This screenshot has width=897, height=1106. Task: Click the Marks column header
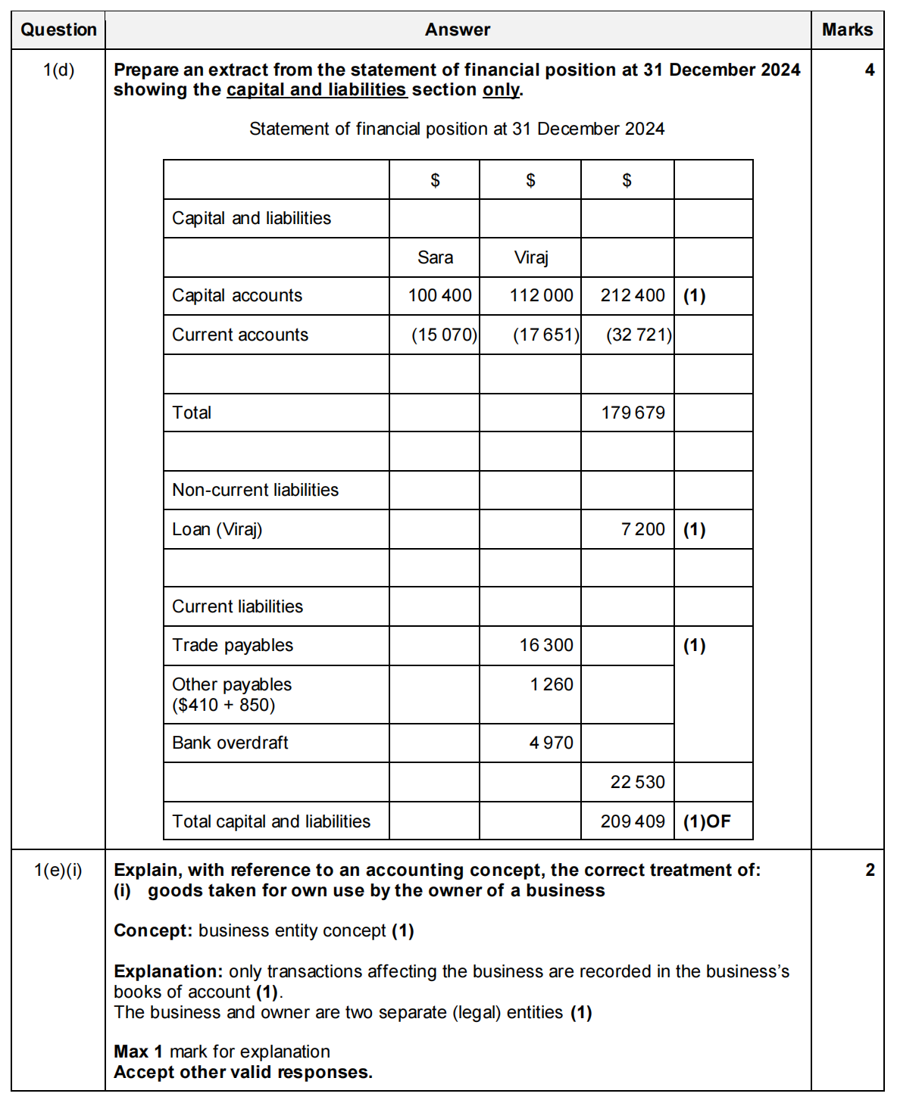pos(847,30)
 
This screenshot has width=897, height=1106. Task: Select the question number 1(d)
pos(58,70)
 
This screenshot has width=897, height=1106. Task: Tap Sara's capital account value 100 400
pos(439,295)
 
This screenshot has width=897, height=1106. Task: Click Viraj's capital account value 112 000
pos(541,295)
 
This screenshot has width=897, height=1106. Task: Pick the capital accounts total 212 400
pos(633,295)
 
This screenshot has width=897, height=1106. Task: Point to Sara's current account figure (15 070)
pos(444,335)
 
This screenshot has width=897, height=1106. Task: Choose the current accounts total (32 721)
pos(639,335)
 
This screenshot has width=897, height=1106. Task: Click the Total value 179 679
pos(633,413)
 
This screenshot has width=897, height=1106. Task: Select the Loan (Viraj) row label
pos(217,529)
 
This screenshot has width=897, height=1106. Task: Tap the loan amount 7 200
pos(642,529)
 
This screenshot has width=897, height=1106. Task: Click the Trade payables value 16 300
pos(545,645)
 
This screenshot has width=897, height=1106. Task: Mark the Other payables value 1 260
pos(552,684)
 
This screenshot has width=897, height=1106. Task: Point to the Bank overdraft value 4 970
pos(551,743)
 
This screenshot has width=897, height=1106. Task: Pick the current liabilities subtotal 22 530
pos(637,782)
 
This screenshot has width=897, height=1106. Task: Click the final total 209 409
pos(633,821)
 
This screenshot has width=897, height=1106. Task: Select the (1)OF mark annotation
pos(707,821)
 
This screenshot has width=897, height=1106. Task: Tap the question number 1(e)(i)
pos(58,870)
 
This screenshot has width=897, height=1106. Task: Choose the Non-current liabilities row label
pos(255,490)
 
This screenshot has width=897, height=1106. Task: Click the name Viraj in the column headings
pos(530,257)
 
